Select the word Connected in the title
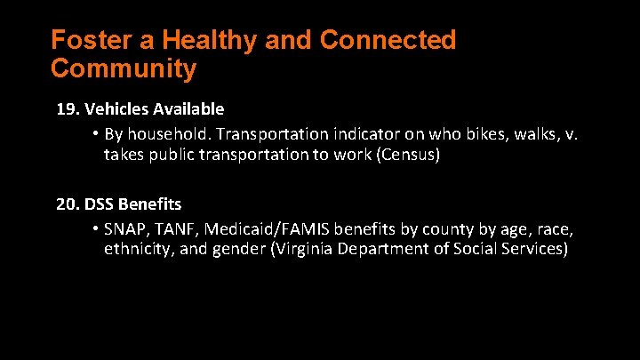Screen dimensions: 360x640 coord(388,41)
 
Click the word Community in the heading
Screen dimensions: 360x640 coord(124,68)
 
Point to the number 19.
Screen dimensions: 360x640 coord(67,109)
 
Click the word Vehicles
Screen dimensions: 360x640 coord(116,109)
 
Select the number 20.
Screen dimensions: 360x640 coord(67,204)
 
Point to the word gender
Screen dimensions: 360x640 coord(239,250)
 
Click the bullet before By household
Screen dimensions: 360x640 coord(94,134)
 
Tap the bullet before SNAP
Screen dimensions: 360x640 coord(94,228)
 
